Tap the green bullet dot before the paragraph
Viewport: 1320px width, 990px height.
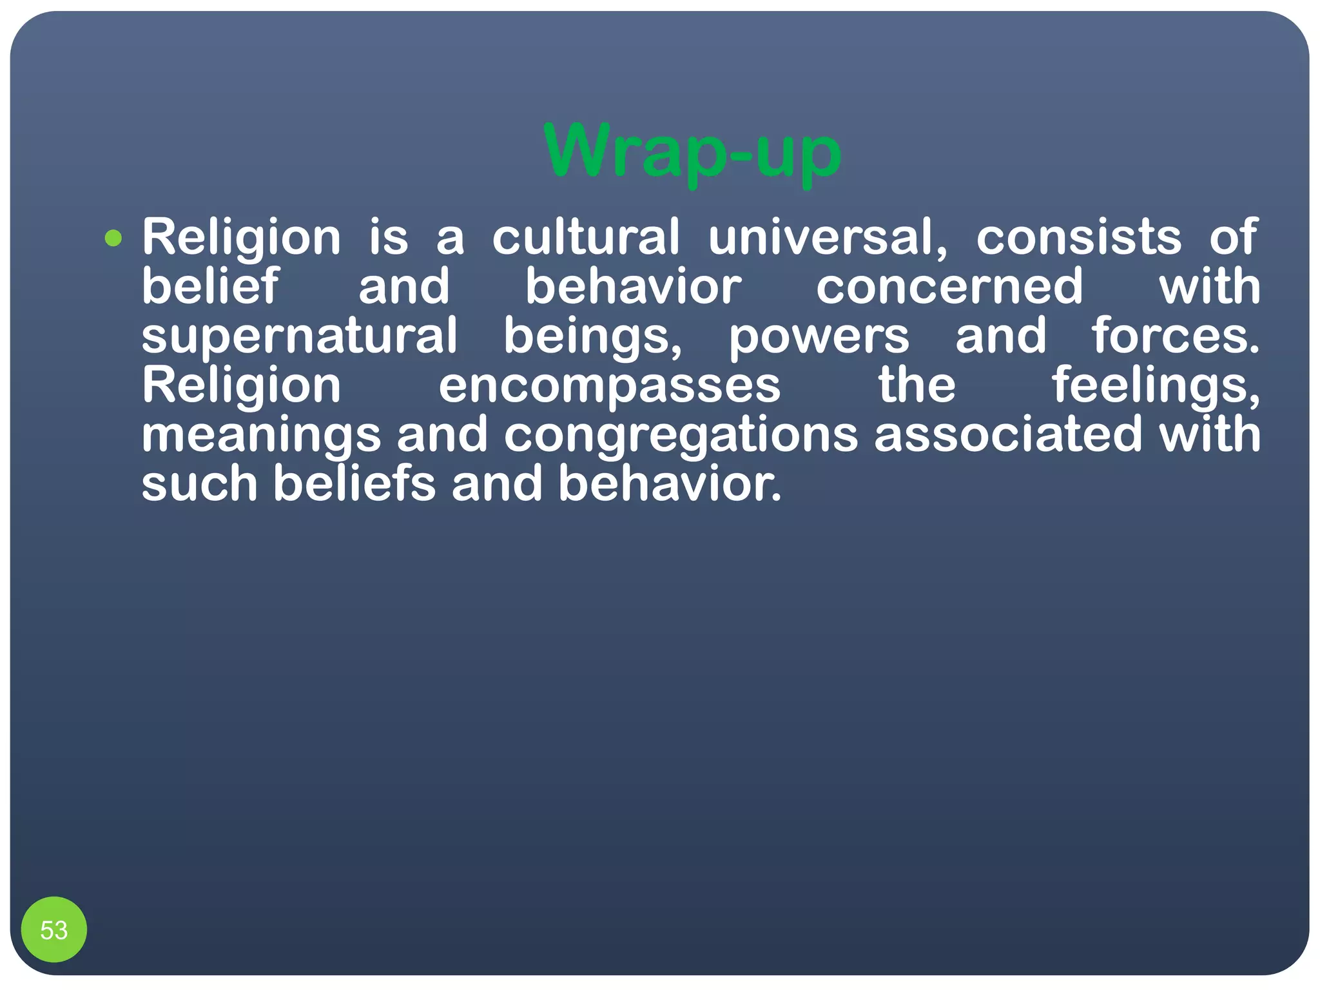113,238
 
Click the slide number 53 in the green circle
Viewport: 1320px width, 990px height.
54,930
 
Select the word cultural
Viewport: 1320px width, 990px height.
586,237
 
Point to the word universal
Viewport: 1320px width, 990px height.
828,237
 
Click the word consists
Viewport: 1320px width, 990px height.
1079,237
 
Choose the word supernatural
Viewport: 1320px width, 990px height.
300,336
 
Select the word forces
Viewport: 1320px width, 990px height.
1175,336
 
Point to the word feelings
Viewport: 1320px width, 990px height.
1156,386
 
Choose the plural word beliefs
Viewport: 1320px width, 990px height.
354,484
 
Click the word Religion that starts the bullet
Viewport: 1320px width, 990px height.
241,237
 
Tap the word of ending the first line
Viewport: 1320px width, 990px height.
1233,237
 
